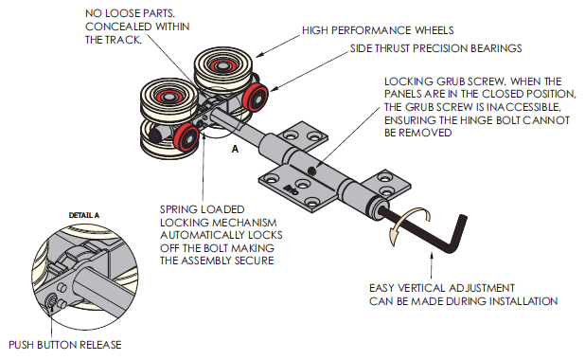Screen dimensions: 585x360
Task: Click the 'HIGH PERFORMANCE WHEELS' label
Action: tap(378, 30)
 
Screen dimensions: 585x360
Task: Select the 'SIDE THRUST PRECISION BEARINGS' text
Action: tap(435, 48)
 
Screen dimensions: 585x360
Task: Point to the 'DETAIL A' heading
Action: tap(84, 215)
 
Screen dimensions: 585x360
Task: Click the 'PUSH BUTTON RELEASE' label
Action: tap(65, 345)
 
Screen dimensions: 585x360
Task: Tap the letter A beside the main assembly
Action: tap(235, 150)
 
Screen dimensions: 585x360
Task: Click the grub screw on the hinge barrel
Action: tap(311, 171)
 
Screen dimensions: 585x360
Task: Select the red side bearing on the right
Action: tap(256, 98)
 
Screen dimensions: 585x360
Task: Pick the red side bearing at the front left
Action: tap(186, 137)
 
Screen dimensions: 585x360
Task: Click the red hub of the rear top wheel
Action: tap(222, 66)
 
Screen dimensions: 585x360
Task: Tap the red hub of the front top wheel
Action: tap(168, 96)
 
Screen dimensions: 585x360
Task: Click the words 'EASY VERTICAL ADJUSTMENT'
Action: tap(442, 288)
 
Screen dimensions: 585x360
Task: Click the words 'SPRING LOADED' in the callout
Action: tap(203, 209)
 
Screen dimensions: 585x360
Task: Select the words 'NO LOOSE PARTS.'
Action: tap(131, 13)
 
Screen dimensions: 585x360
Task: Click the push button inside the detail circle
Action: tap(51, 300)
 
